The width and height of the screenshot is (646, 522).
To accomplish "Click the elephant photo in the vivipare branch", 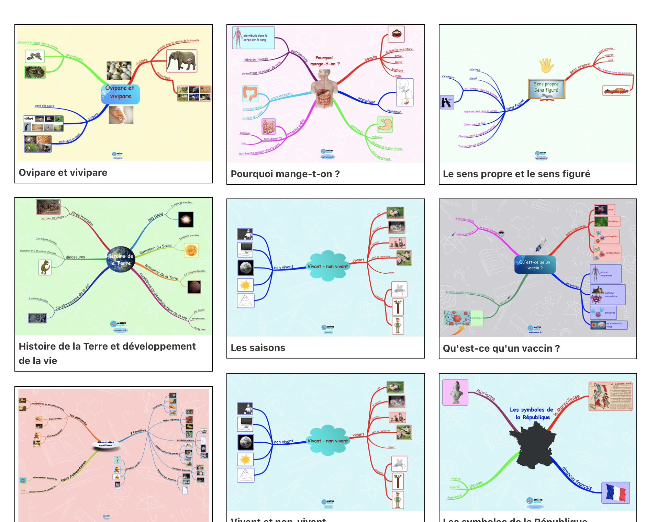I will point(181,61).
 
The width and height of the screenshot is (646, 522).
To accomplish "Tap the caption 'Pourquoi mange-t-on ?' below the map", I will point(285,174).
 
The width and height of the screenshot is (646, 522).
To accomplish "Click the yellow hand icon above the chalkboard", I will point(546,65).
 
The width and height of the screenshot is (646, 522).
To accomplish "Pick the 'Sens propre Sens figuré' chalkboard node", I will point(546,88).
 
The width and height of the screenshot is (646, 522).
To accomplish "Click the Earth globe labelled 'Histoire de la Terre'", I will point(120,259).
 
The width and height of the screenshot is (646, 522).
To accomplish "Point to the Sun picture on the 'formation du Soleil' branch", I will point(191,250).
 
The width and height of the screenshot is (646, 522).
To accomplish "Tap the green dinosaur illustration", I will point(45,268).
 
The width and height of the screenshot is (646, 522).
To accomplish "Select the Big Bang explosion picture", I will point(186,219).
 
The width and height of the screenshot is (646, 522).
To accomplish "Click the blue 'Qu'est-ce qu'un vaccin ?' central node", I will point(535,265).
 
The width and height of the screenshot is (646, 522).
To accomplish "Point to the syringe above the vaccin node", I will point(541,245).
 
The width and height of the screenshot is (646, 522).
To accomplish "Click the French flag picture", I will point(615,492).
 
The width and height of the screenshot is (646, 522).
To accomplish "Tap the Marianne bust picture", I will point(455,392).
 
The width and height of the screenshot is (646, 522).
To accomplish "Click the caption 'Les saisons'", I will point(258,348).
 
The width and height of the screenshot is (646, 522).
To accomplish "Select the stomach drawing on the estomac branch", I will point(385,124).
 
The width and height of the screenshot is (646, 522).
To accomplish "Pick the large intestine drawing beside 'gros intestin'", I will point(250,93).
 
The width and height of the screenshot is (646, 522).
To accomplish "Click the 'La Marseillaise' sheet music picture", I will point(610,396).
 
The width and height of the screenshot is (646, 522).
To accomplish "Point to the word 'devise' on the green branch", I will point(476,484).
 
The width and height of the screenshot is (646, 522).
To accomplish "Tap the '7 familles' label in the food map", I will point(138,432).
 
